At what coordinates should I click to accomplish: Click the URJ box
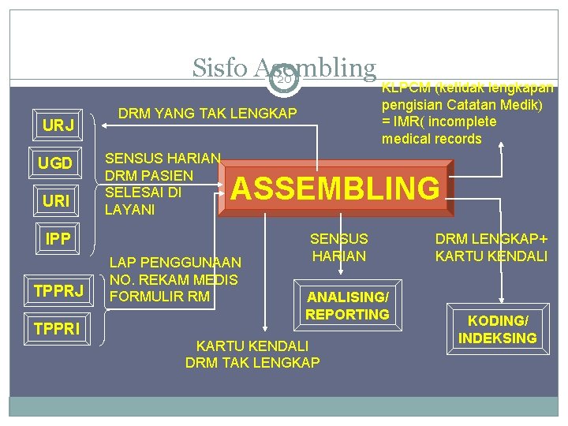(x=58, y=126)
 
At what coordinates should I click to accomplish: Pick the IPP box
(x=58, y=238)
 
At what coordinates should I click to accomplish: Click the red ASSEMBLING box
(x=337, y=189)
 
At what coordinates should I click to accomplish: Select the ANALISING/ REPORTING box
(x=348, y=305)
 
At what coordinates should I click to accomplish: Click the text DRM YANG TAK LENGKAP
(x=207, y=114)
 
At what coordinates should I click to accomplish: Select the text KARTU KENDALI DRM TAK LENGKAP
(x=252, y=354)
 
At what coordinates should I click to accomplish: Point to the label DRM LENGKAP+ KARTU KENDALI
(x=491, y=247)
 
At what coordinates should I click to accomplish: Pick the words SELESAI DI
(x=144, y=192)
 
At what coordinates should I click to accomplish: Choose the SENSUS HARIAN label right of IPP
(x=339, y=247)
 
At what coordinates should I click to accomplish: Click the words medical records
(x=432, y=140)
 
